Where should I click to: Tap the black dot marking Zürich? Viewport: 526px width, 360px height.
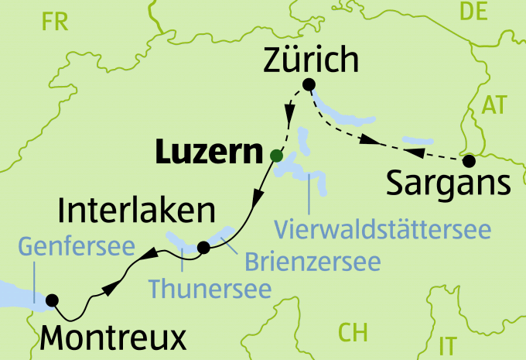(x=309, y=84)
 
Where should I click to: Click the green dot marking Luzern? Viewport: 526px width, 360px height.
(x=275, y=156)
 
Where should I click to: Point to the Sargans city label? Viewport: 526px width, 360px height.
(x=448, y=185)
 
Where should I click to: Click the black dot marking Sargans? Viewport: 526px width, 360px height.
(x=469, y=162)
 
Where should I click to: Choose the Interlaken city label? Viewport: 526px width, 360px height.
(x=136, y=211)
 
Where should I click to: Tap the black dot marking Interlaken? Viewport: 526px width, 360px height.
(x=203, y=248)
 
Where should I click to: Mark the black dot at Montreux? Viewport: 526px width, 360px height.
(x=53, y=300)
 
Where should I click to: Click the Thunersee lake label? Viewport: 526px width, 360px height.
(x=210, y=289)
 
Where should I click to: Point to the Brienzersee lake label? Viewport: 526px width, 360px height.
(x=312, y=261)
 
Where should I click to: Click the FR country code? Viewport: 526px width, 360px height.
(x=55, y=21)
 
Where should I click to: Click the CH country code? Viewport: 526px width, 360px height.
(x=353, y=332)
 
